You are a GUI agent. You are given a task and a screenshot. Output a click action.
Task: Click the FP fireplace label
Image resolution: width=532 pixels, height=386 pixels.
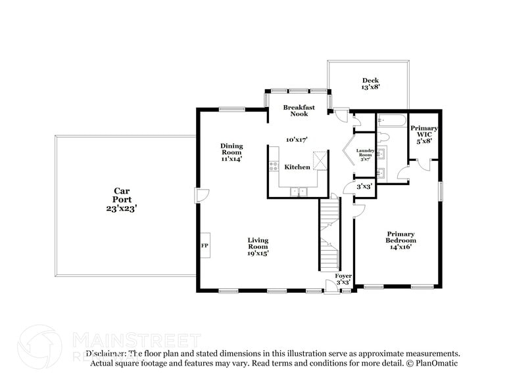pos(205,246)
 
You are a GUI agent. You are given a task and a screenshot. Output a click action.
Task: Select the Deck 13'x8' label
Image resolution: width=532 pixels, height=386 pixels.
pos(370,83)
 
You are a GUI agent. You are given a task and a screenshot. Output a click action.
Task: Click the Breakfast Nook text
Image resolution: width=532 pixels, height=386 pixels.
pos(299,110)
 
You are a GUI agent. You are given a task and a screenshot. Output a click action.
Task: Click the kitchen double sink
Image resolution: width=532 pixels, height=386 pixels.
pos(299,192)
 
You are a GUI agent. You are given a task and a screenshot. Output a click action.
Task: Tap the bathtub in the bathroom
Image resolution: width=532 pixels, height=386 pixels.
pos(391,121)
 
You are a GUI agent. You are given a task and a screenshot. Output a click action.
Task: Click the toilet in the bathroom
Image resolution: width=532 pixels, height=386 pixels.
pos(385,137)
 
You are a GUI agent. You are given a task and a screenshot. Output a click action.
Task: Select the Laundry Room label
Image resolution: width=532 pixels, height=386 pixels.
pos(365,155)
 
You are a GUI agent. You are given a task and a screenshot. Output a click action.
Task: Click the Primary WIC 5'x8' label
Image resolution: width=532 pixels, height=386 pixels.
pos(423,134)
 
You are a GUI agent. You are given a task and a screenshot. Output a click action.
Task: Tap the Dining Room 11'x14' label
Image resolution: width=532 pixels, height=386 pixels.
pos(231,152)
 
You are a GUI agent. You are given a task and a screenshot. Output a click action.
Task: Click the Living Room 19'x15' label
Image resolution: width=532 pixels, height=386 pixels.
pos(258,246)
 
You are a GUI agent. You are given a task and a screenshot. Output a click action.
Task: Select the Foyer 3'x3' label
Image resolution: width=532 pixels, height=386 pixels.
pos(343,278)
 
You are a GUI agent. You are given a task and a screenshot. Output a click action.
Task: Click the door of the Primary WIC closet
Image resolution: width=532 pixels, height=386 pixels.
pos(425,163)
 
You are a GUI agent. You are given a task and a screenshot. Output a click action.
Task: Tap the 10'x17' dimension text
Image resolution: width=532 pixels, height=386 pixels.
pos(297,139)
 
